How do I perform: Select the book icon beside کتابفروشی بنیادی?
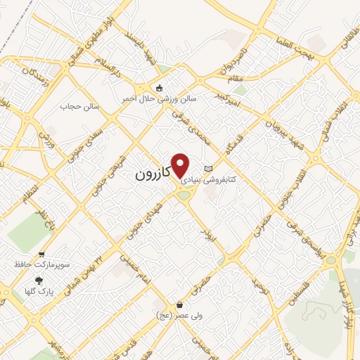207,169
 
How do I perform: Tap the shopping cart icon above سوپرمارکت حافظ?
41,254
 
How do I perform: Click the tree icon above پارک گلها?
38,279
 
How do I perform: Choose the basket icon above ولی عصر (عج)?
181,305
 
